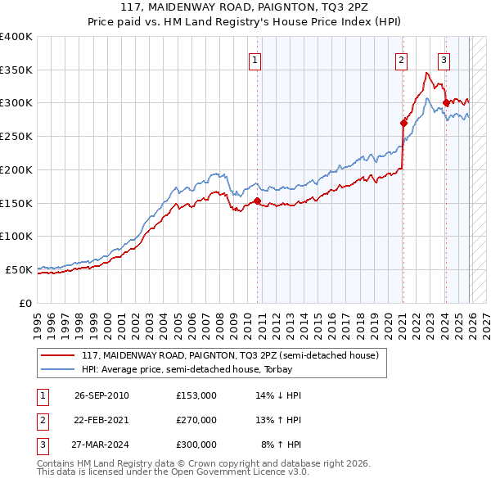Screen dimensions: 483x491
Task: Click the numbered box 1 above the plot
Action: (255, 59)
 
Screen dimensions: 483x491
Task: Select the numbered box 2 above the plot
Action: (402, 59)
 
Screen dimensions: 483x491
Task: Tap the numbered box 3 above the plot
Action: (444, 59)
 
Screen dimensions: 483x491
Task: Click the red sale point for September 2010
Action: (257, 201)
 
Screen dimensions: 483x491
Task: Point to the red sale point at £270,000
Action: (403, 123)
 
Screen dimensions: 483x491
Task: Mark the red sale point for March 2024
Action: (446, 103)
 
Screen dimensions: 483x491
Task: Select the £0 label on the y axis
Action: (25, 303)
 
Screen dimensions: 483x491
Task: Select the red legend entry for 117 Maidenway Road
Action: (229, 356)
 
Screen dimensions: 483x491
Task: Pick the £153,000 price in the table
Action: (196, 395)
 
